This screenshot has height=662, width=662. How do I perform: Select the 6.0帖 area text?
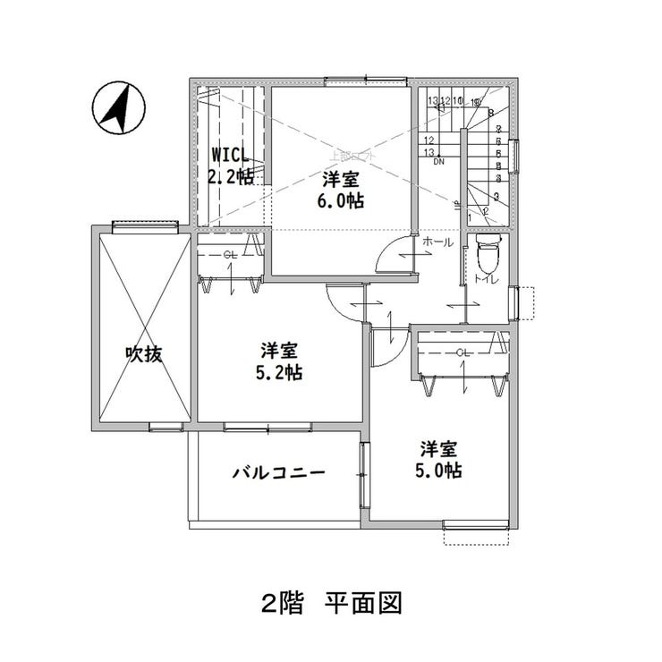(x=343, y=199)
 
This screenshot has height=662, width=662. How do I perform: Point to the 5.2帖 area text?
(x=280, y=371)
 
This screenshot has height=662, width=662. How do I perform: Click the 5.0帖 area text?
(x=441, y=469)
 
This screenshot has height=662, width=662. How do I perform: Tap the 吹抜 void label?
(x=143, y=353)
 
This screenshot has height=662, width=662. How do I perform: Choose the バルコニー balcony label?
(x=278, y=473)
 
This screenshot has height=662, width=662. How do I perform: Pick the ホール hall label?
(x=437, y=242)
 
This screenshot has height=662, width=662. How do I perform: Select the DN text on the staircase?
(x=438, y=163)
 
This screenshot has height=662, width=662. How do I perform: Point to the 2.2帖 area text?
(x=230, y=175)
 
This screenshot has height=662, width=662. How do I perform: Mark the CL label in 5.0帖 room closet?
(x=463, y=352)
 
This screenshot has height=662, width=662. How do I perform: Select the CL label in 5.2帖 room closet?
(x=230, y=255)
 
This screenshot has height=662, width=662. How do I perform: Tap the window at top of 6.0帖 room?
(x=350, y=82)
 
